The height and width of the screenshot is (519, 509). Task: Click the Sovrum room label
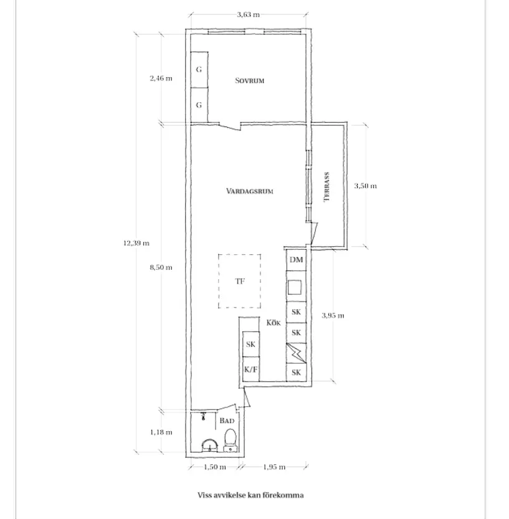pos(250,80)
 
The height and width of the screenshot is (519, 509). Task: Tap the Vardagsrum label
pos(250,191)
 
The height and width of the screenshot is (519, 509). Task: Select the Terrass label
pos(326,187)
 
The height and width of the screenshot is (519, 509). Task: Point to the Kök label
pos(274,322)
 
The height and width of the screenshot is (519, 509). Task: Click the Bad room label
pos(227,421)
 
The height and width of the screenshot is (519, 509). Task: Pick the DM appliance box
pos(296,260)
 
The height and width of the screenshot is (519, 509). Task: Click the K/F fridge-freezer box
pos(250,369)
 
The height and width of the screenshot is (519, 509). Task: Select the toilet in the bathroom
pos(231,440)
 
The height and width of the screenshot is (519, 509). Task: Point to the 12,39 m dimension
pos(136,243)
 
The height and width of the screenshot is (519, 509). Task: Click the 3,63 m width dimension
pos(248,14)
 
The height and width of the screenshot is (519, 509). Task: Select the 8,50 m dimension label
pos(161,267)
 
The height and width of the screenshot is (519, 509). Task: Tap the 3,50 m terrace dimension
pos(366,186)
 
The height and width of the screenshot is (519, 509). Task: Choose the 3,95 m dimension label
pos(333,315)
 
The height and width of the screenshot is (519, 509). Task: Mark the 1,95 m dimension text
pos(274,467)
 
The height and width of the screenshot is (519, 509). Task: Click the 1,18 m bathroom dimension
pos(161,432)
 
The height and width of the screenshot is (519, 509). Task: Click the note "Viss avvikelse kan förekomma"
pos(250,495)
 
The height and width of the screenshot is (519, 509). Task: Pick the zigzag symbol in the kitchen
pos(296,353)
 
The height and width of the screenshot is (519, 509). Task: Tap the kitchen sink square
pos(295,287)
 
